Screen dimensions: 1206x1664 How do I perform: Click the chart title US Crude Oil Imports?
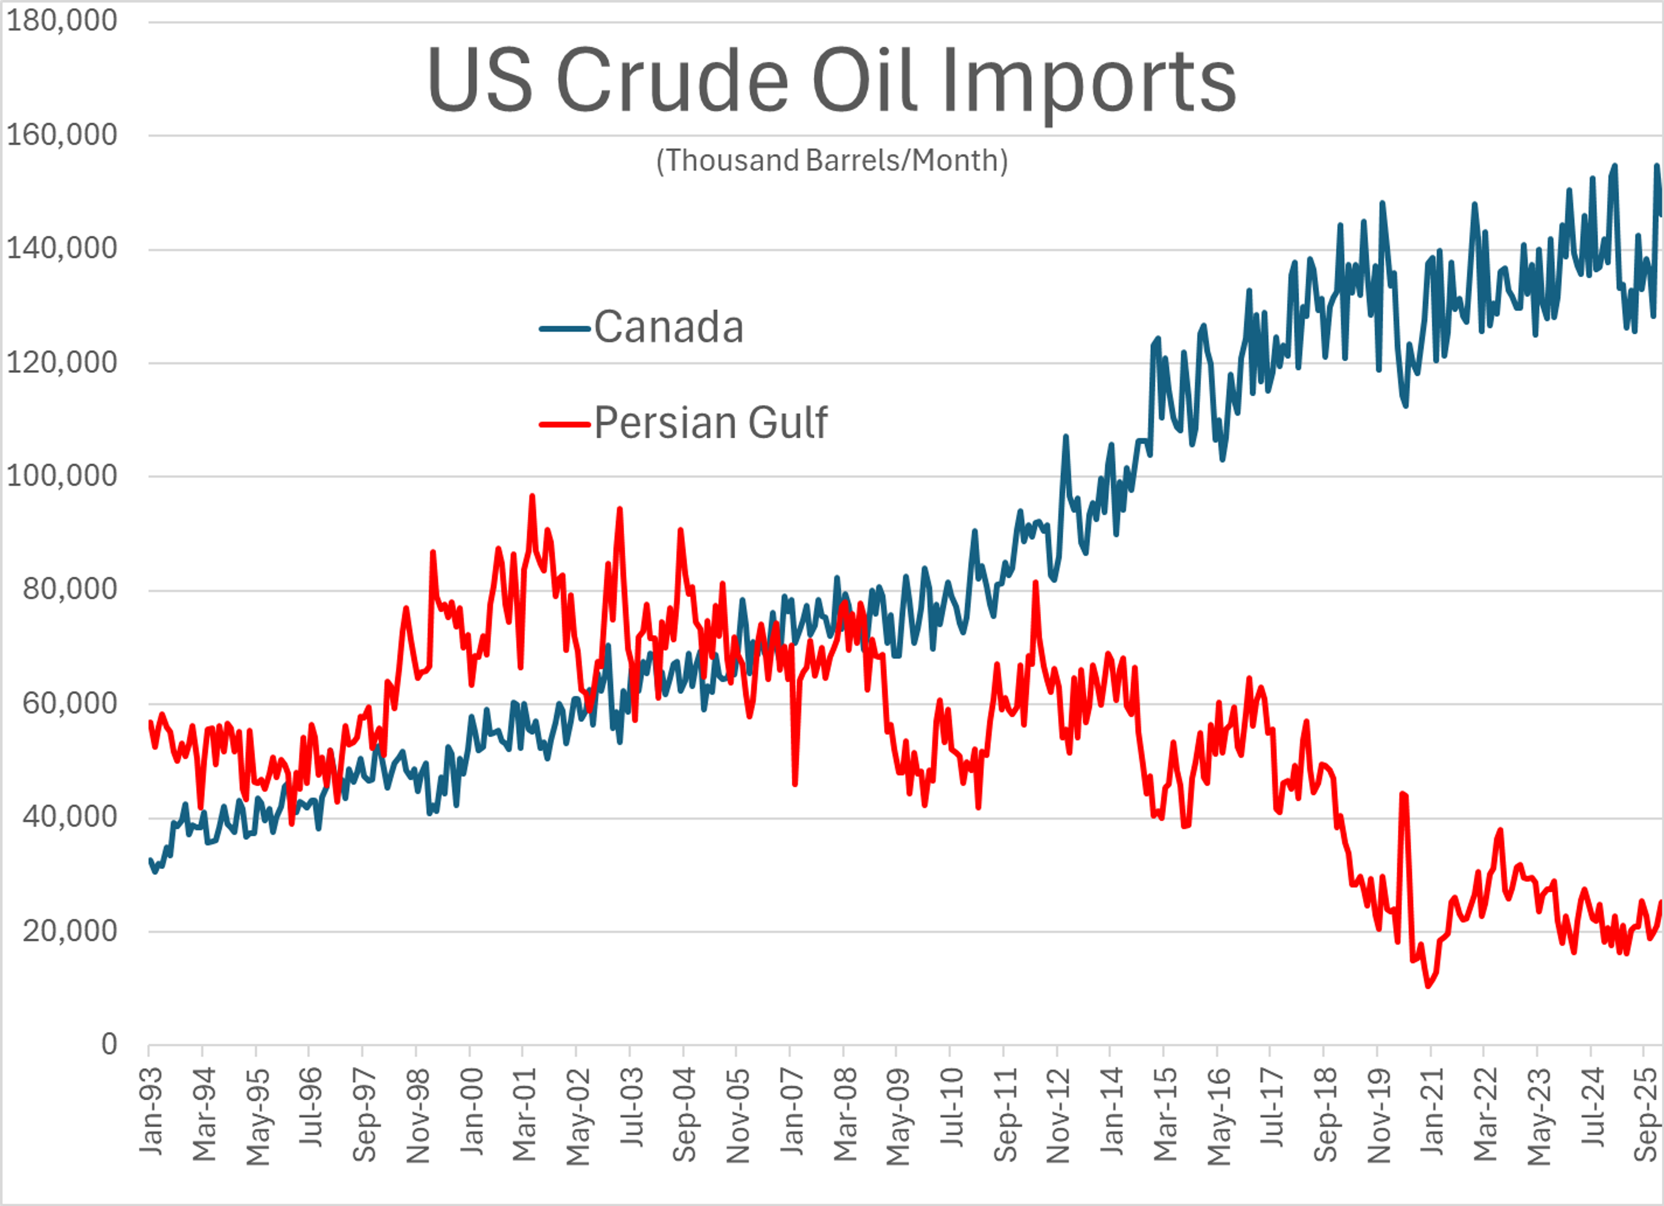pos(831,81)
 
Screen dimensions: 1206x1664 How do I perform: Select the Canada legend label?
pos(668,327)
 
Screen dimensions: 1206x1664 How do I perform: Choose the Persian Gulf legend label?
pos(710,423)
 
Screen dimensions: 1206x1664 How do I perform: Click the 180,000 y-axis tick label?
pos(62,20)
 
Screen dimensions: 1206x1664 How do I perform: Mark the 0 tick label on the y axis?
pos(109,1044)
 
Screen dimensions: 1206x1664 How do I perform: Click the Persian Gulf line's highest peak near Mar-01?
pos(532,496)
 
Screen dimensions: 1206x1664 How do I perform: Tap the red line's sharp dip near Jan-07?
pos(795,784)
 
